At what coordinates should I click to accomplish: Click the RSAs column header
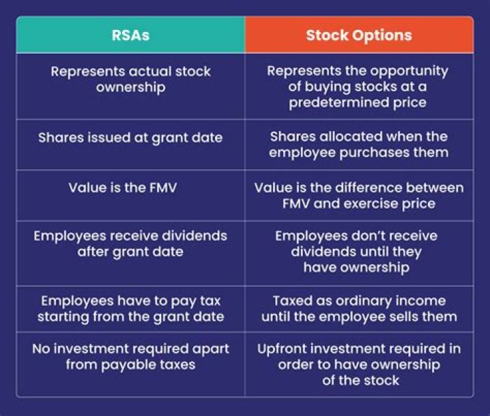pos(131,35)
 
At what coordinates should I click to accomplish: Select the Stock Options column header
pos(359,35)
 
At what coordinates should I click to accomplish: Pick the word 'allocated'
pos(351,137)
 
